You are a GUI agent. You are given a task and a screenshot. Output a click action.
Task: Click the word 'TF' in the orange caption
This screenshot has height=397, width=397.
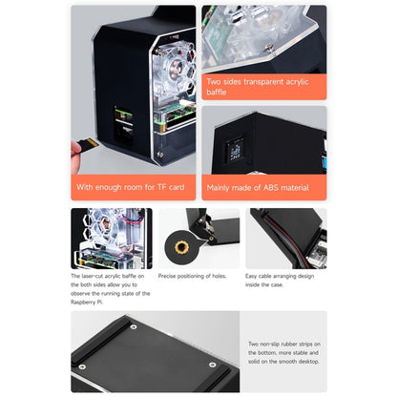pyautogui.click(x=158, y=188)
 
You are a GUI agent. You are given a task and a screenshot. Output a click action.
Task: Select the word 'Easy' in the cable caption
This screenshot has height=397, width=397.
pyautogui.click(x=253, y=277)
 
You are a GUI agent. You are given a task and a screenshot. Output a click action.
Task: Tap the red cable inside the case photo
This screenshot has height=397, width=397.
pyautogui.click(x=286, y=235)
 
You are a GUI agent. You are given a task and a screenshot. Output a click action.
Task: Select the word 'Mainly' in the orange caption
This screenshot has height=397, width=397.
pyautogui.click(x=220, y=188)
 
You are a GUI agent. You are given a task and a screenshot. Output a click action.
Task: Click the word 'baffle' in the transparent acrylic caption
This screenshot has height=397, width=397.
pyautogui.click(x=218, y=92)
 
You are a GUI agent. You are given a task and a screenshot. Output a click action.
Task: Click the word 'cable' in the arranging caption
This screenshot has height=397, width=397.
pyautogui.click(x=272, y=277)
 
